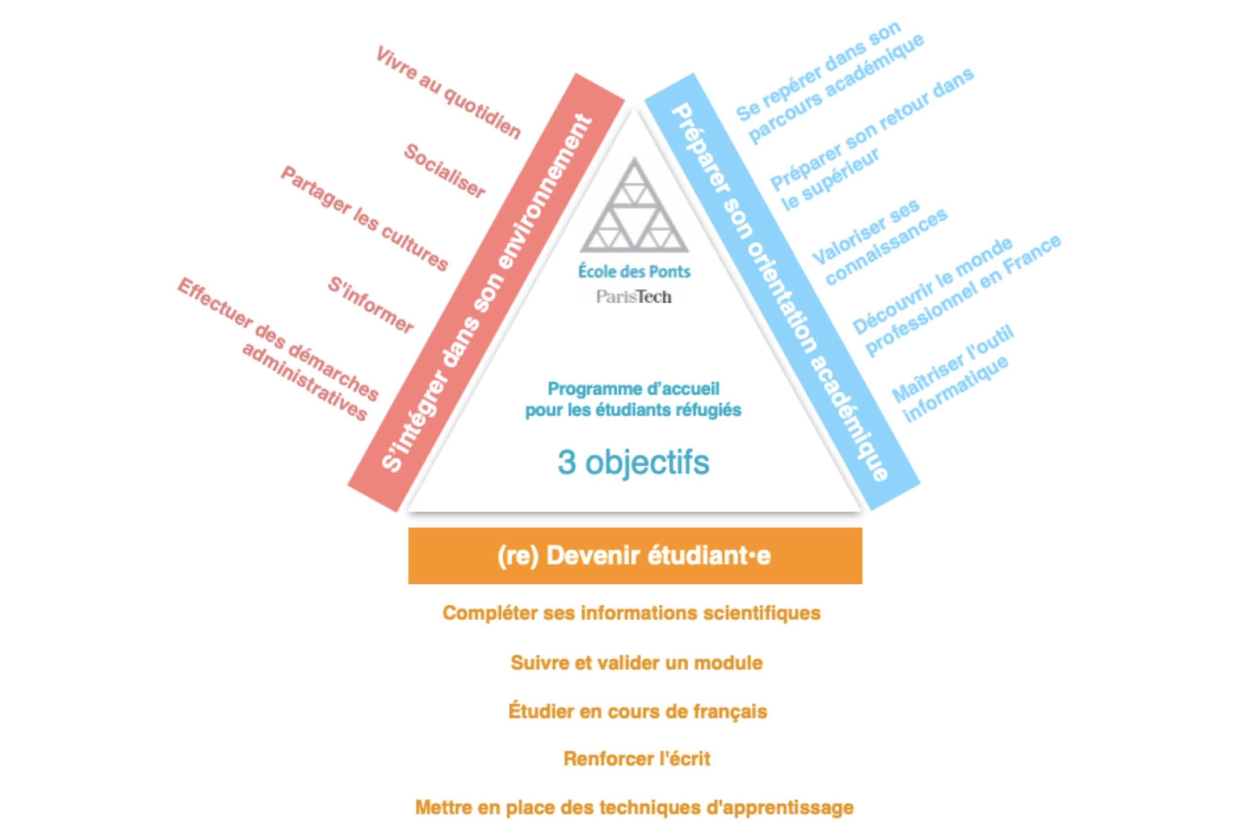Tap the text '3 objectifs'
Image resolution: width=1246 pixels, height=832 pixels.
click(633, 462)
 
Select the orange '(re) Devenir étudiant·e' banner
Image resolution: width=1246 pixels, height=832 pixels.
click(635, 556)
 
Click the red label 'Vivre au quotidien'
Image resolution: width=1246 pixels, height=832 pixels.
click(448, 93)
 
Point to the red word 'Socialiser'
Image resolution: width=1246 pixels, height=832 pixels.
click(445, 171)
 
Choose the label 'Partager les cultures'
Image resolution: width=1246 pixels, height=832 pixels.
click(365, 218)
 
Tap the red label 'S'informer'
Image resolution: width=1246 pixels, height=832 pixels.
click(370, 305)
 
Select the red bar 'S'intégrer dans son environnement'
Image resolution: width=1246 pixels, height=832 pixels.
click(486, 292)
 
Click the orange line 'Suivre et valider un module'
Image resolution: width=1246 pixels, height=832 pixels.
click(636, 663)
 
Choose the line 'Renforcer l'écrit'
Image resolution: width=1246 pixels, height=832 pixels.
click(636, 759)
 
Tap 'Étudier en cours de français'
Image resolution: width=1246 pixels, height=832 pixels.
click(637, 711)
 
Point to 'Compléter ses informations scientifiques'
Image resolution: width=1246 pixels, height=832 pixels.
click(631, 614)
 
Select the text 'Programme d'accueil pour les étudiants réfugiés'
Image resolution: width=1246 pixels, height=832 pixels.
click(633, 399)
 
